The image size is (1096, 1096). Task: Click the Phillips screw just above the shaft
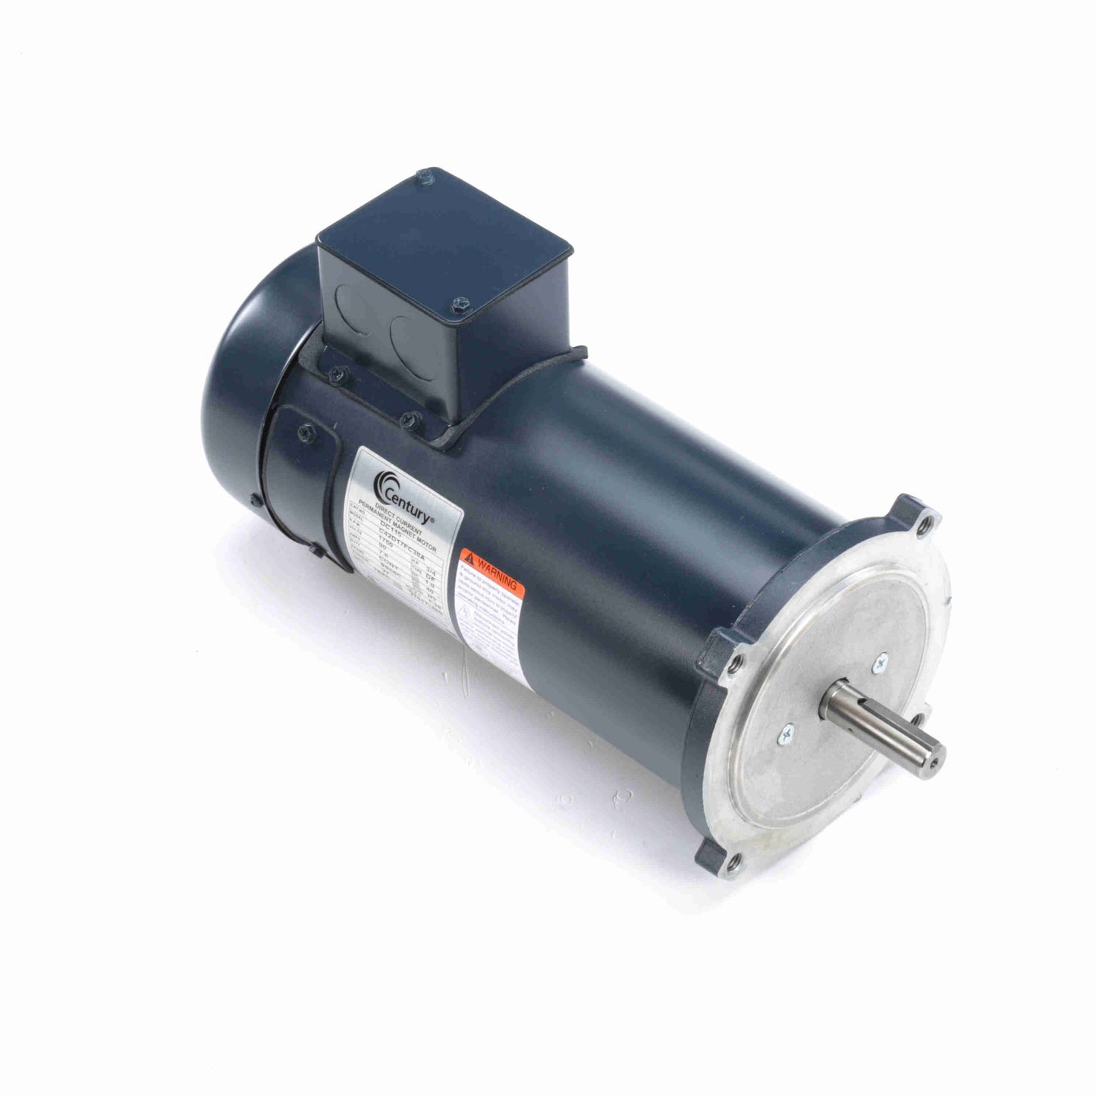tap(879, 662)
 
